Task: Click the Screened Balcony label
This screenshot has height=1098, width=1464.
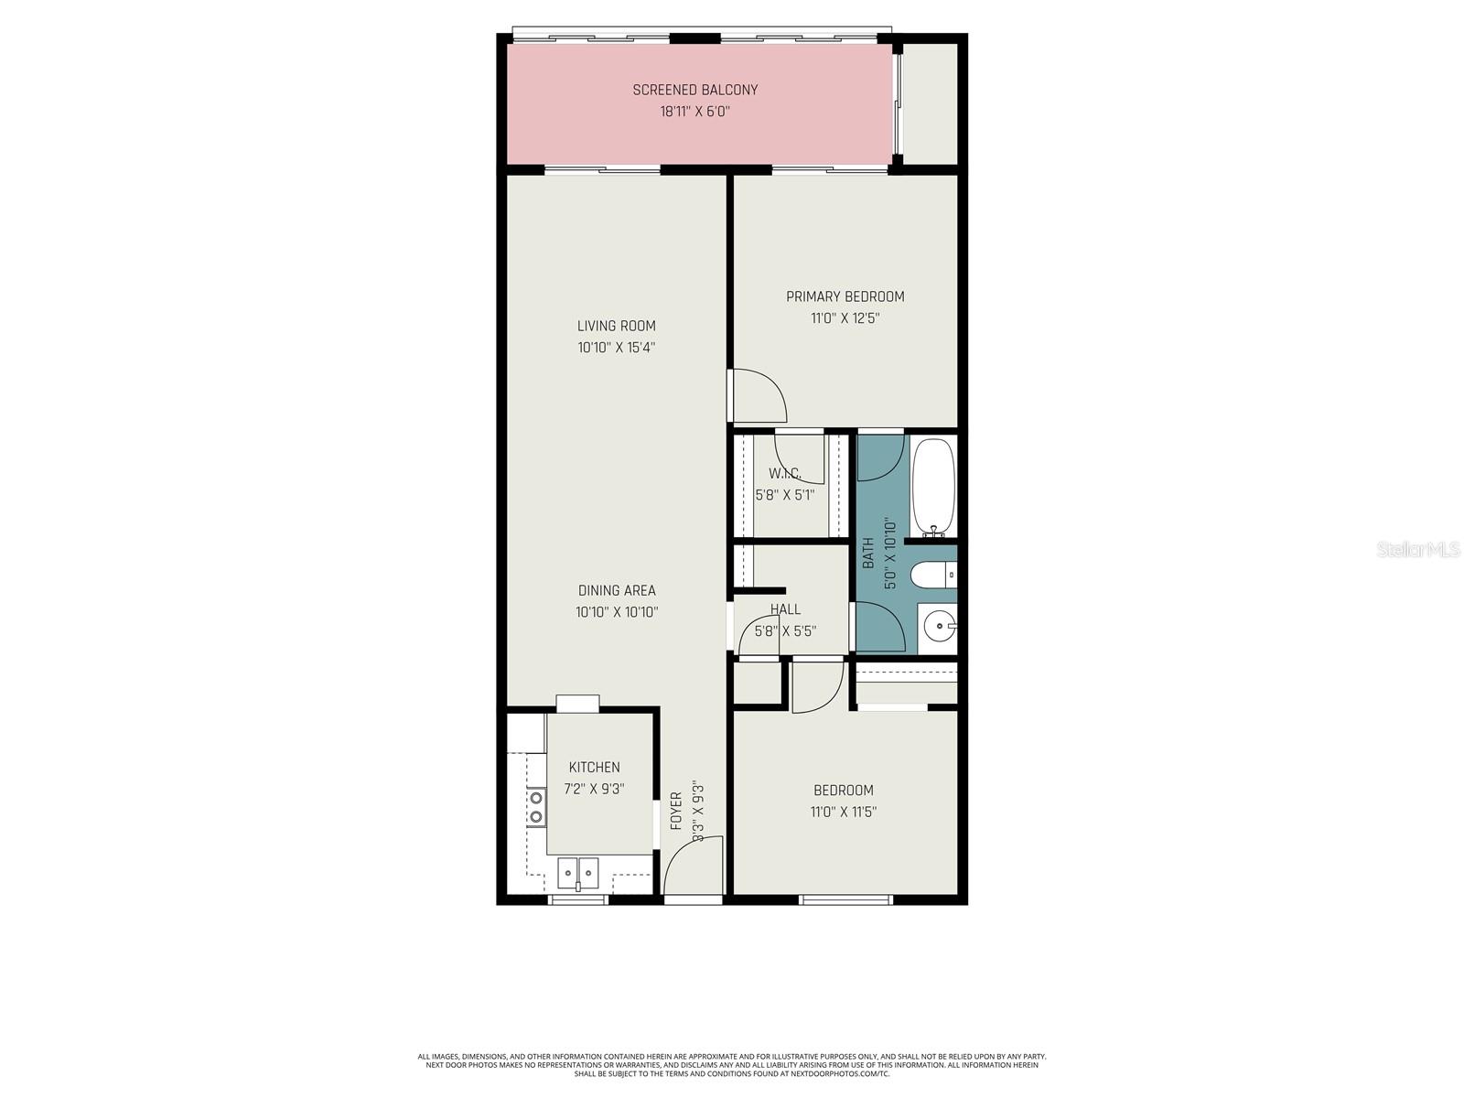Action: click(695, 90)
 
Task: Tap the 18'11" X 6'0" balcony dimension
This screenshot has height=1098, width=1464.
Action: click(695, 112)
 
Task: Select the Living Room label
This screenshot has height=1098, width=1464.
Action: click(617, 326)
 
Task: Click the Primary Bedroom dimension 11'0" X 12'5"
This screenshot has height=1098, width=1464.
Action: click(845, 318)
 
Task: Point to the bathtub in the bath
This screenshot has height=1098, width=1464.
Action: click(933, 487)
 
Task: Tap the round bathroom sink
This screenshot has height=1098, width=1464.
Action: click(939, 628)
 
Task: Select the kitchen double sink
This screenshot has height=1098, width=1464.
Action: click(577, 872)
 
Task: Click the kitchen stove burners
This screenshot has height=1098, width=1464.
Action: click(535, 807)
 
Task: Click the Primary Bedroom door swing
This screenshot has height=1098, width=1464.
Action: click(758, 395)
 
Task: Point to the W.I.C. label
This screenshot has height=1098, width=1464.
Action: click(785, 473)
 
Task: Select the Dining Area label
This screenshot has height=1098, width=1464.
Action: click(617, 590)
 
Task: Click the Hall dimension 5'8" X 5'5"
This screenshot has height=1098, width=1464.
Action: click(785, 630)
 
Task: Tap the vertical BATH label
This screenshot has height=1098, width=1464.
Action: click(868, 552)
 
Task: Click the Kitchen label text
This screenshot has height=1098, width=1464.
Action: click(595, 767)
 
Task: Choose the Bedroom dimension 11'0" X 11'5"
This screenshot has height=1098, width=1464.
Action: click(844, 812)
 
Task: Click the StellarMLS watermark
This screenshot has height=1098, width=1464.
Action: click(1417, 550)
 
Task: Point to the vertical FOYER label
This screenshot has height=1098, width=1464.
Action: click(676, 811)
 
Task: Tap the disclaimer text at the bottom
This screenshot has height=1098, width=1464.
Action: click(732, 1064)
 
